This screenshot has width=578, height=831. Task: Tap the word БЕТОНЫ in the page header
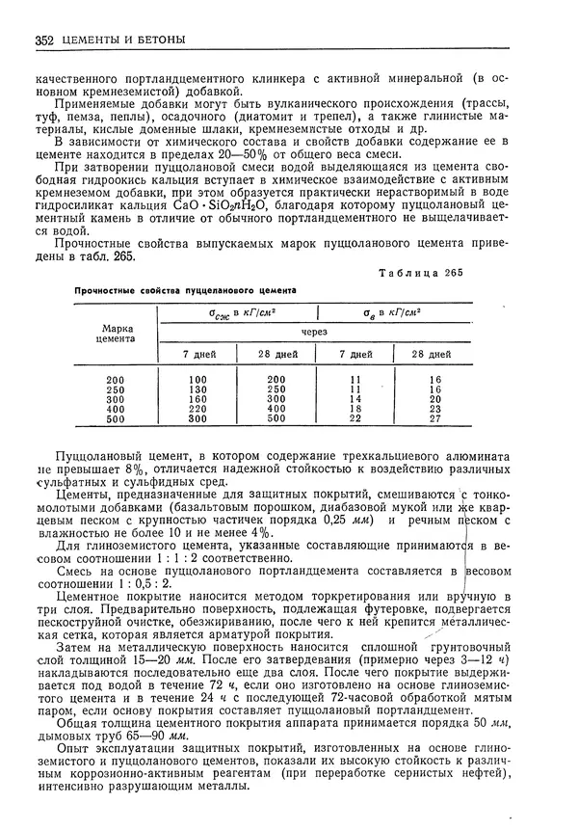click(157, 40)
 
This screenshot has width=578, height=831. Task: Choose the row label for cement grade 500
click(117, 419)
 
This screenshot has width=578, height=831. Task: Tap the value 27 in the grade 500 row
click(434, 419)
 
